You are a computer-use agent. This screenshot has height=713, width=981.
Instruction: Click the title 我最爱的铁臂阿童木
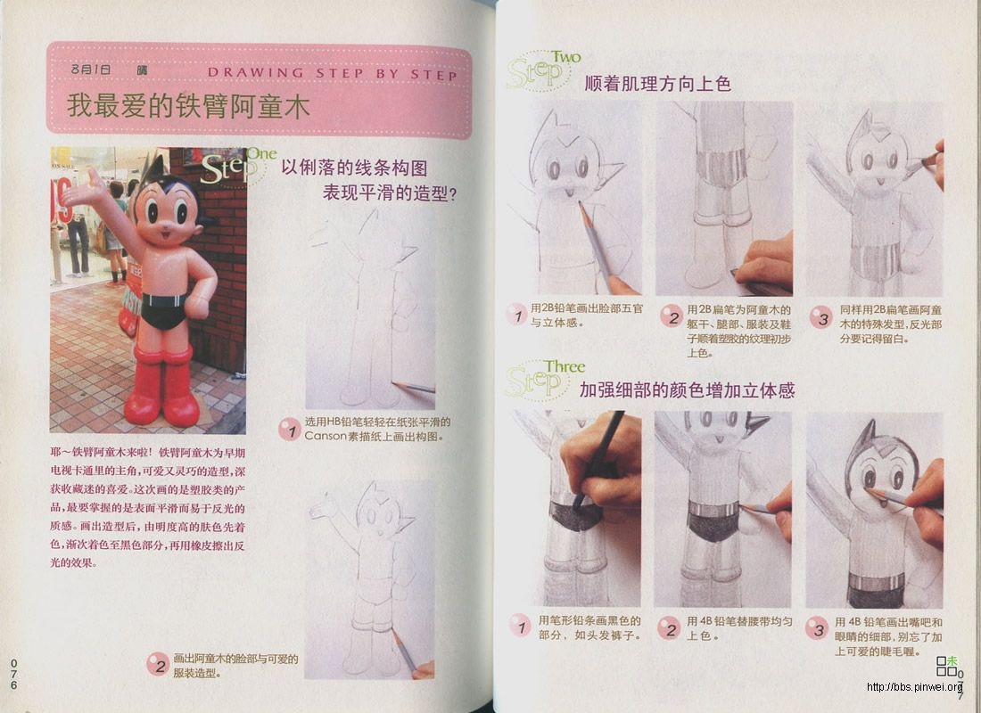(x=188, y=107)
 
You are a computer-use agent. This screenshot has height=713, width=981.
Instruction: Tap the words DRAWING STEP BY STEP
(x=332, y=74)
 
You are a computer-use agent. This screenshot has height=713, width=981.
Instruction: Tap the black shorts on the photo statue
(x=163, y=312)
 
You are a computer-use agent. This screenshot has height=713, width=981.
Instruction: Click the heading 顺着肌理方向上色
(x=657, y=84)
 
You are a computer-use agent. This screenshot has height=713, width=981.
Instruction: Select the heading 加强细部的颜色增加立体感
(x=687, y=390)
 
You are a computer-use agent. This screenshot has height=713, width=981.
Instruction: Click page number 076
(x=13, y=674)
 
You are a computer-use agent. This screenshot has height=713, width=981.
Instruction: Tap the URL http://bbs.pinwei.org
(x=914, y=687)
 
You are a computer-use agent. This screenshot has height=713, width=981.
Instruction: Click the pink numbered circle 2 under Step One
(x=158, y=664)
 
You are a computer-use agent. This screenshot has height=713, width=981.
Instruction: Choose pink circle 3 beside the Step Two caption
(x=820, y=317)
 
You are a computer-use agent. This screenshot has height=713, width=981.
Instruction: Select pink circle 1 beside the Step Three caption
(x=519, y=626)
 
